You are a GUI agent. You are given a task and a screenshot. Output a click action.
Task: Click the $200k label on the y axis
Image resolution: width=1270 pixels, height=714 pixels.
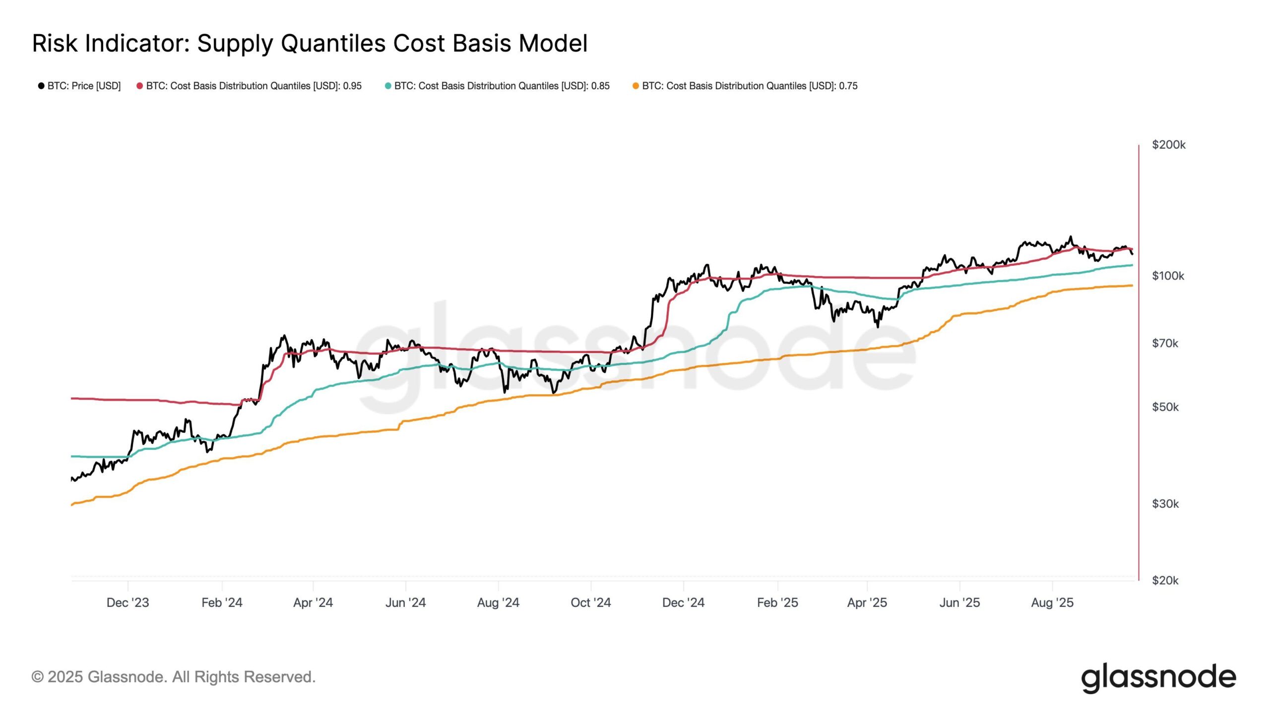pyautogui.click(x=1168, y=145)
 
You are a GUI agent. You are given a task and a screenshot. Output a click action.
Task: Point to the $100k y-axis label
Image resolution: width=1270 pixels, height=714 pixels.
pyautogui.click(x=1168, y=276)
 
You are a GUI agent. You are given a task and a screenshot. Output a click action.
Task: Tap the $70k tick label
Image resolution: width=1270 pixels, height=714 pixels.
pyautogui.click(x=1165, y=343)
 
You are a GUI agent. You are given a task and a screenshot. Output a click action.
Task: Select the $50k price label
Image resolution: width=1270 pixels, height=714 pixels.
pyautogui.click(x=1165, y=407)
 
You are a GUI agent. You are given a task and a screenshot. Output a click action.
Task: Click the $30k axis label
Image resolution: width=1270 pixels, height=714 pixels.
pyautogui.click(x=1165, y=504)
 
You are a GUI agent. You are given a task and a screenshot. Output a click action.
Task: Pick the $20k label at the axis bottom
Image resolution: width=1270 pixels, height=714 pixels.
pyautogui.click(x=1165, y=580)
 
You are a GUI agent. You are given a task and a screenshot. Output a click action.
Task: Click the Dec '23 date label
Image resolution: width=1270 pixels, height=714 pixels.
pyautogui.click(x=127, y=602)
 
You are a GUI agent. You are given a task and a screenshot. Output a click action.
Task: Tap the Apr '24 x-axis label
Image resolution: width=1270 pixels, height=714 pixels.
pyautogui.click(x=313, y=602)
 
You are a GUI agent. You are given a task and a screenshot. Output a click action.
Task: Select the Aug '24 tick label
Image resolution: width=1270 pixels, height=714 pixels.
pyautogui.click(x=498, y=602)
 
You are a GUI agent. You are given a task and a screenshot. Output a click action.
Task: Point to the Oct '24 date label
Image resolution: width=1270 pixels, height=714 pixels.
pyautogui.click(x=590, y=602)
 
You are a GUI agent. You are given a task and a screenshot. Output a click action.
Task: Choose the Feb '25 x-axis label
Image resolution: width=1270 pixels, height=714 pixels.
pyautogui.click(x=777, y=602)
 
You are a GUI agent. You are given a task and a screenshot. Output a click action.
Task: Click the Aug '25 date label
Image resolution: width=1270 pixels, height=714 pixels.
pyautogui.click(x=1052, y=602)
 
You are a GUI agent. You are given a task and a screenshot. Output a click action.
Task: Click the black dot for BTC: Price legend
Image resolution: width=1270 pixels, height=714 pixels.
pyautogui.click(x=41, y=86)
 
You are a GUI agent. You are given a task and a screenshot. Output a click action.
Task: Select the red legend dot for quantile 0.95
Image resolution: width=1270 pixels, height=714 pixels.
pyautogui.click(x=140, y=86)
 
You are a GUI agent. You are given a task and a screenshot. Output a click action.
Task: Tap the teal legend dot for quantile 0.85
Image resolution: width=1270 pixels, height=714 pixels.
pyautogui.click(x=388, y=86)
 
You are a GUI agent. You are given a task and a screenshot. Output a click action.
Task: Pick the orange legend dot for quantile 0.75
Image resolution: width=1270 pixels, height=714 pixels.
pyautogui.click(x=635, y=86)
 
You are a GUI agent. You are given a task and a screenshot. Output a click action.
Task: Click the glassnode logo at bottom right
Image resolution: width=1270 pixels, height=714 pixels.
pyautogui.click(x=1158, y=678)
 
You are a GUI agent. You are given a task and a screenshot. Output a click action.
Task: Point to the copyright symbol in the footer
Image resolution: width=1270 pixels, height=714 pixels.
pyautogui.click(x=37, y=677)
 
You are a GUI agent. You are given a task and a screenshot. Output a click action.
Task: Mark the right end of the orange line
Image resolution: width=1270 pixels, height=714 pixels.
pyautogui.click(x=1132, y=286)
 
